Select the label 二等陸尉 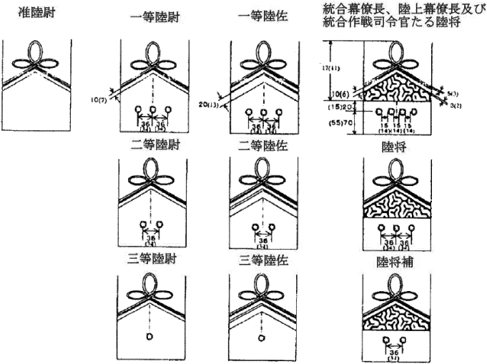152,145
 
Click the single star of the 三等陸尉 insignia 149,335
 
